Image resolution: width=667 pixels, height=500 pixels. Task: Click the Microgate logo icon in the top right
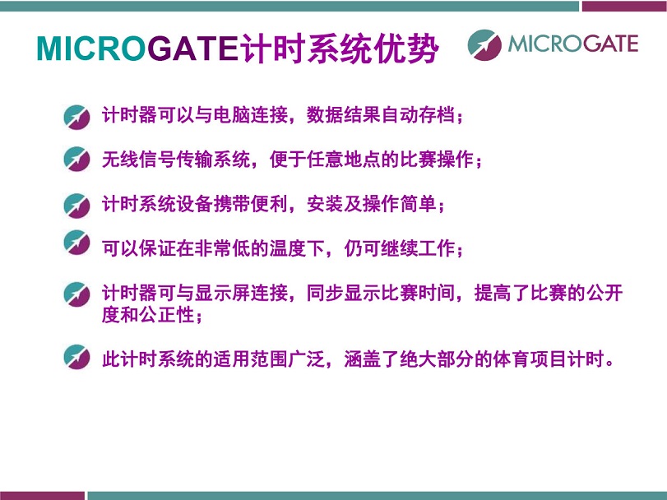[484, 44]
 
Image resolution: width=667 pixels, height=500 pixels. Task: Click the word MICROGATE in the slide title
[137, 48]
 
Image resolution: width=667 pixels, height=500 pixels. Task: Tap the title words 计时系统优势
[339, 48]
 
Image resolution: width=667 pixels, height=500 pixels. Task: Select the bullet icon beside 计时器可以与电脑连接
[76, 117]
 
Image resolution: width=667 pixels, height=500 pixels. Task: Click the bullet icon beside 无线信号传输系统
[76, 159]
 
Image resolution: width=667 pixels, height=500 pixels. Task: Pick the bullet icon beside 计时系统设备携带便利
[76, 206]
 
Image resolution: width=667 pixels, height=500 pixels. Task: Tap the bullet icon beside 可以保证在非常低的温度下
[76, 242]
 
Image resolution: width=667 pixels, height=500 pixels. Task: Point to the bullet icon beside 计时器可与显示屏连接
[76, 294]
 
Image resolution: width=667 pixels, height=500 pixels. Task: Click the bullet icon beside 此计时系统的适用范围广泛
[76, 356]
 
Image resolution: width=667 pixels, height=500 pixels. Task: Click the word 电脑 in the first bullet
[232, 115]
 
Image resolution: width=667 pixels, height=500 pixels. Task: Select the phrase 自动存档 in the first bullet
[418, 115]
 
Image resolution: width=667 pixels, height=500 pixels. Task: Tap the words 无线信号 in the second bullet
[139, 160]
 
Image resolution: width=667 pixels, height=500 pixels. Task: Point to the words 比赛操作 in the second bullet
[437, 160]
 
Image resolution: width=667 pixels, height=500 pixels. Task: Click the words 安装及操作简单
[372, 204]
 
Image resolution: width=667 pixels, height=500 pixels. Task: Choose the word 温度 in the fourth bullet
[288, 248]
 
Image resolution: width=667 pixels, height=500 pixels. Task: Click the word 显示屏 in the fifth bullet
[223, 293]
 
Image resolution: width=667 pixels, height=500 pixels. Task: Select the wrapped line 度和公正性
[149, 315]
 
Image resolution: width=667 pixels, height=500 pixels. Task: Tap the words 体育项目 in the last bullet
[530, 359]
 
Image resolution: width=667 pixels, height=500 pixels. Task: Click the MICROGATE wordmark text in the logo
[573, 44]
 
